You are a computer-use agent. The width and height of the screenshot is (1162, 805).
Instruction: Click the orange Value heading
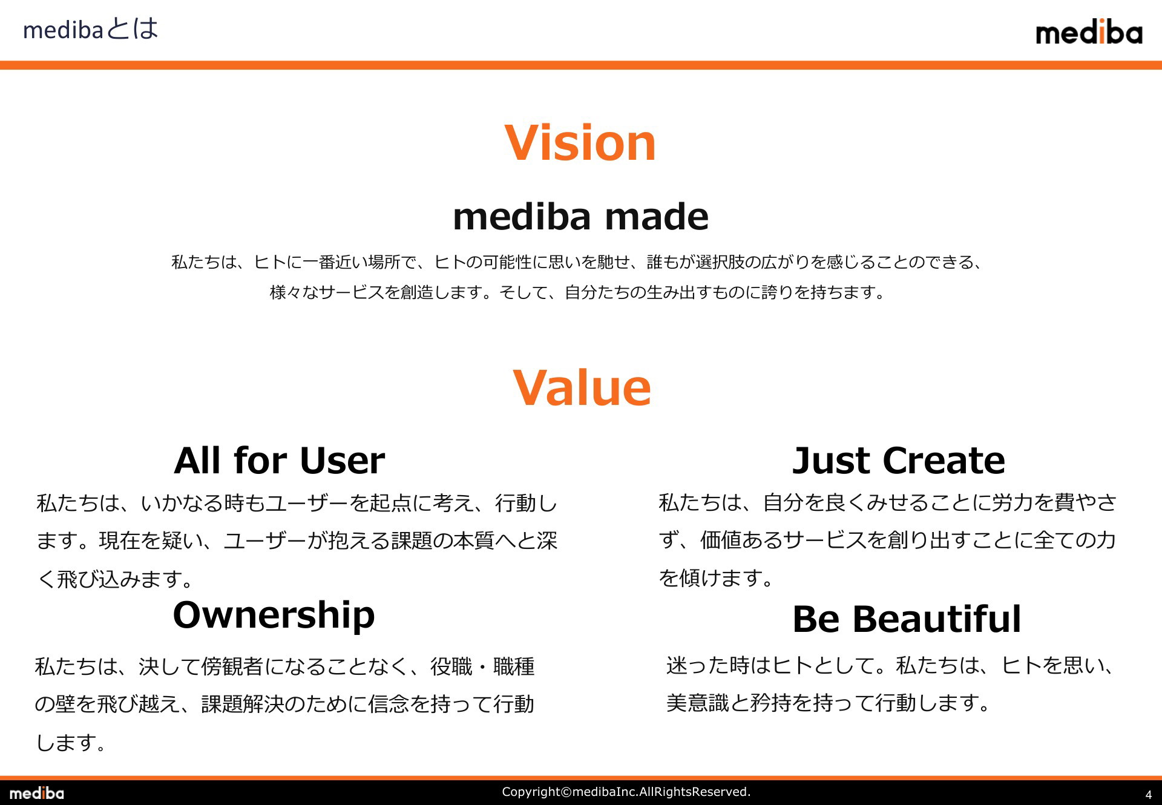click(x=582, y=387)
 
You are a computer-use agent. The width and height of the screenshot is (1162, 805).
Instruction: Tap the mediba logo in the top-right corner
click(x=1089, y=31)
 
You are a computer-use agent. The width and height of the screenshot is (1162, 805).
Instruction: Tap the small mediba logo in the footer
click(x=36, y=793)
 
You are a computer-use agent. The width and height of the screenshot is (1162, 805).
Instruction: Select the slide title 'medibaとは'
click(x=91, y=29)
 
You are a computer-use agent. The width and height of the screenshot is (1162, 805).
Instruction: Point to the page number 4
click(x=1148, y=795)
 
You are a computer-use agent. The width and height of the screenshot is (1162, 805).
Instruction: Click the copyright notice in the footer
click(x=626, y=792)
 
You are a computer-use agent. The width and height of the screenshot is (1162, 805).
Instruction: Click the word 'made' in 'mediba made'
click(x=657, y=217)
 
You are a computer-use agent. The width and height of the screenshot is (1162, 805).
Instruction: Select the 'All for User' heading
click(x=279, y=460)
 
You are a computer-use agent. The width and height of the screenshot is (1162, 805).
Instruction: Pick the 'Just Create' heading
click(x=899, y=460)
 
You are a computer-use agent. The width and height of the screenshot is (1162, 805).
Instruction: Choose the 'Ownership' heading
click(x=274, y=616)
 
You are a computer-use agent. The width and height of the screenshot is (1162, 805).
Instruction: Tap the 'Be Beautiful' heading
click(x=907, y=619)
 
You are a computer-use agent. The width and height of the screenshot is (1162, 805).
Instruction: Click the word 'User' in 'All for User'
click(x=342, y=460)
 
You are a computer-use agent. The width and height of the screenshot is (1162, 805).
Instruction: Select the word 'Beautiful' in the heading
click(x=937, y=619)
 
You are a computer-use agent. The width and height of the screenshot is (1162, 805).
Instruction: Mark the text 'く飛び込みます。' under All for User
click(x=116, y=579)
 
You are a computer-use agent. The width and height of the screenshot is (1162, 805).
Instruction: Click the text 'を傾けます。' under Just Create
click(x=717, y=578)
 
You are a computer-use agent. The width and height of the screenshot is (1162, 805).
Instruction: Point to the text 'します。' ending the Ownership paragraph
click(x=71, y=743)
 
